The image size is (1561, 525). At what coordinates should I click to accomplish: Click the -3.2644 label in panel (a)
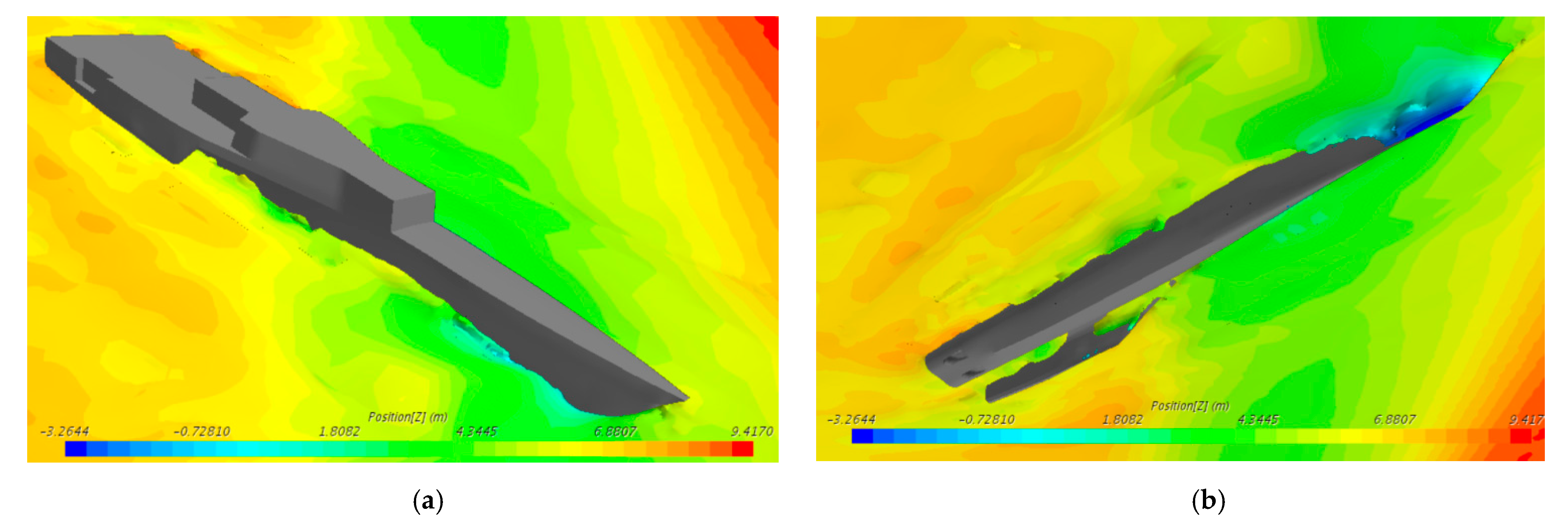pos(64,431)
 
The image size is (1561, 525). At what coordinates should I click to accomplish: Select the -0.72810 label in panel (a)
pos(202,431)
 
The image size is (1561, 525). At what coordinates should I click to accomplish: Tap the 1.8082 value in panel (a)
pos(339,431)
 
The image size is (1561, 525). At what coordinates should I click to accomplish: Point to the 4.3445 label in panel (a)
pos(476,431)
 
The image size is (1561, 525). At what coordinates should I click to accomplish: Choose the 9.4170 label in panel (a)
pos(752,431)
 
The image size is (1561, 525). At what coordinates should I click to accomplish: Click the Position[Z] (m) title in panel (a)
pos(408,417)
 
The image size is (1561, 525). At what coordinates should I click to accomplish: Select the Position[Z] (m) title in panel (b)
pos(1190,406)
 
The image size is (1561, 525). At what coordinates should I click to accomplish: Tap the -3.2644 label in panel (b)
pos(851,419)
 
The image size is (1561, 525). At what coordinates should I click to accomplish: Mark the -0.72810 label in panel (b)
pos(987,419)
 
